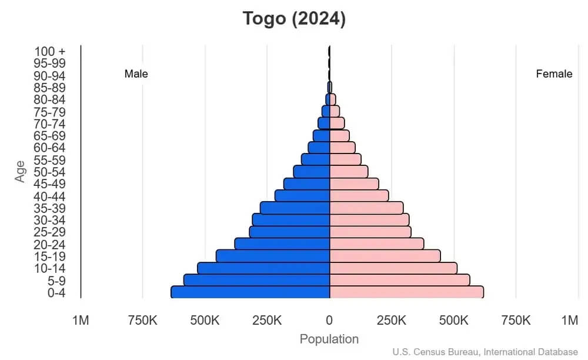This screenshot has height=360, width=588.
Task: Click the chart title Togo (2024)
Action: click(295, 19)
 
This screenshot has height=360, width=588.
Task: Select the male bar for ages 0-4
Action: click(250, 292)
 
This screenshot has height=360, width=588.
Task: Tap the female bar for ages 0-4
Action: click(406, 292)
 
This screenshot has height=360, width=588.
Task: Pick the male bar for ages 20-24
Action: click(282, 244)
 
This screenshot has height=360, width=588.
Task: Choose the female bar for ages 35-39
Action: click(366, 208)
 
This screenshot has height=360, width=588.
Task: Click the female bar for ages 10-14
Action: click(393, 268)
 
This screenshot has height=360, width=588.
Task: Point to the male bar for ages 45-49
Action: click(306, 184)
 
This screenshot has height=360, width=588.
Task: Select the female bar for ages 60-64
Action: click(342, 147)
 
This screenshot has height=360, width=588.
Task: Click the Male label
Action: click(136, 74)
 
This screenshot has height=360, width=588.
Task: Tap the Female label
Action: click(554, 74)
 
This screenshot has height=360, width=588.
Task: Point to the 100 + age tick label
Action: click(50, 51)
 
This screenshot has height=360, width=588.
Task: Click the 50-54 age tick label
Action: click(50, 172)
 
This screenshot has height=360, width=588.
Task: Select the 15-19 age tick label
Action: click(50, 256)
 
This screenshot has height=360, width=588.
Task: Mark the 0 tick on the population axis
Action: click(329, 321)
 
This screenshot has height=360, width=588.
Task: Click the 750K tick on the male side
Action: click(142, 321)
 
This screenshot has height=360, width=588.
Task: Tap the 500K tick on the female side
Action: click(454, 321)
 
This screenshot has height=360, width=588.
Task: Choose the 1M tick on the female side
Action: click(569, 321)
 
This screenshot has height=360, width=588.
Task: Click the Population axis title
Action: click(329, 339)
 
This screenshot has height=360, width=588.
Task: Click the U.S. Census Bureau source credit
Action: click(485, 352)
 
